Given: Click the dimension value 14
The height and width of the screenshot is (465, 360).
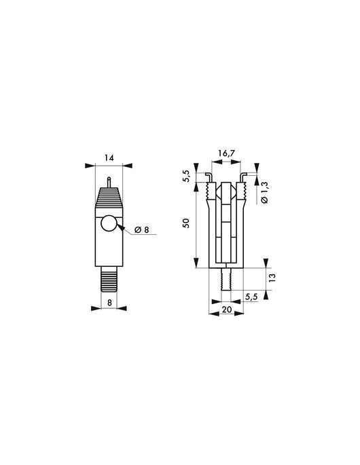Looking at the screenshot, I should click(109, 157).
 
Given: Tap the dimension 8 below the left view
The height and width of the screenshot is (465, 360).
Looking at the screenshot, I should click(109, 302).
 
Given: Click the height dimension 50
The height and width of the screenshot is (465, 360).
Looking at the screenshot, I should click(185, 225).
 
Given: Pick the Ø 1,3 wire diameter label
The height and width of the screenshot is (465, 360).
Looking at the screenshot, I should click(265, 193).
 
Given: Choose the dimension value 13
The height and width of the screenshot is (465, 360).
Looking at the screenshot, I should click(273, 279).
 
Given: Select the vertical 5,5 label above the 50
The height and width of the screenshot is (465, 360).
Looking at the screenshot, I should click(185, 178).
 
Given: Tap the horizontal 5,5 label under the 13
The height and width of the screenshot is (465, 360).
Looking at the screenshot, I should click(251, 297).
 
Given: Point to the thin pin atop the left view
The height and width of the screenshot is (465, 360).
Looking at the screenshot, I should click(109, 181).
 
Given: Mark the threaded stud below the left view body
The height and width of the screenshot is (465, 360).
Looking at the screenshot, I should click(109, 279).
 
